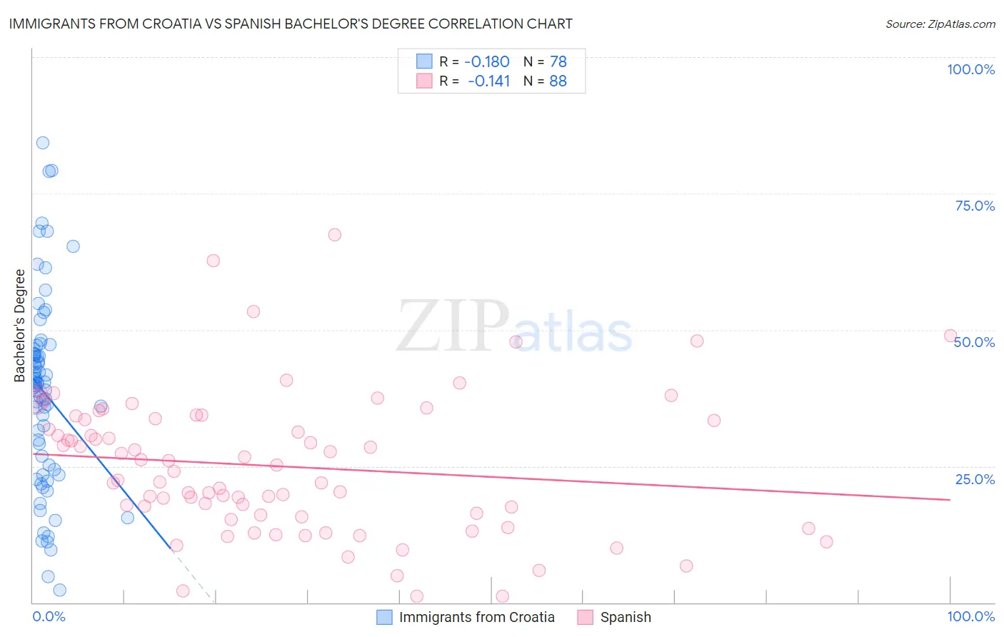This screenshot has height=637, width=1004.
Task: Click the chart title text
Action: click(x=291, y=24)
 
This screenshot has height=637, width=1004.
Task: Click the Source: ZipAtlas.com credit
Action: click(x=940, y=24)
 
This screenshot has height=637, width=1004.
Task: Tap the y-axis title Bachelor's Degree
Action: click(x=20, y=326)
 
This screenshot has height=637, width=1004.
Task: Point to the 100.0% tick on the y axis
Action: click(x=970, y=69)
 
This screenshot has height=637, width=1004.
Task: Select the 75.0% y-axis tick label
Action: click(x=975, y=206)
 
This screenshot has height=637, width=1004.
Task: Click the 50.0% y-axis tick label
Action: click(x=975, y=342)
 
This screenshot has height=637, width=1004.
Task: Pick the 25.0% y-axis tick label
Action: click(x=975, y=479)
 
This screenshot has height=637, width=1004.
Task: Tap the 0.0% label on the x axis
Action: click(x=49, y=616)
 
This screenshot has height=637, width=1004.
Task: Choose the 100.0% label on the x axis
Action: click(x=970, y=616)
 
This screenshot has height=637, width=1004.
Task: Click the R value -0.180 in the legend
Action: click(x=487, y=61)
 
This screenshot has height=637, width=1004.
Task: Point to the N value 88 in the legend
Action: click(x=558, y=81)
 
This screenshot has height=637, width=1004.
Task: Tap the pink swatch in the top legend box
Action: click(x=424, y=81)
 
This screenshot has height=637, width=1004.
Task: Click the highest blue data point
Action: click(x=43, y=143)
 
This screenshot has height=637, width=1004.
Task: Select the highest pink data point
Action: click(x=334, y=235)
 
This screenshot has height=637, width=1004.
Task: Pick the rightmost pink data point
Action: click(x=950, y=336)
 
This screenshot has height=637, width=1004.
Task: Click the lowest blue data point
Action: click(x=60, y=590)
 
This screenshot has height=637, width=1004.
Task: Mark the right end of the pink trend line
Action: click(x=950, y=500)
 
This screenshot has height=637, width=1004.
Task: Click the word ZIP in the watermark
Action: click(x=453, y=327)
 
